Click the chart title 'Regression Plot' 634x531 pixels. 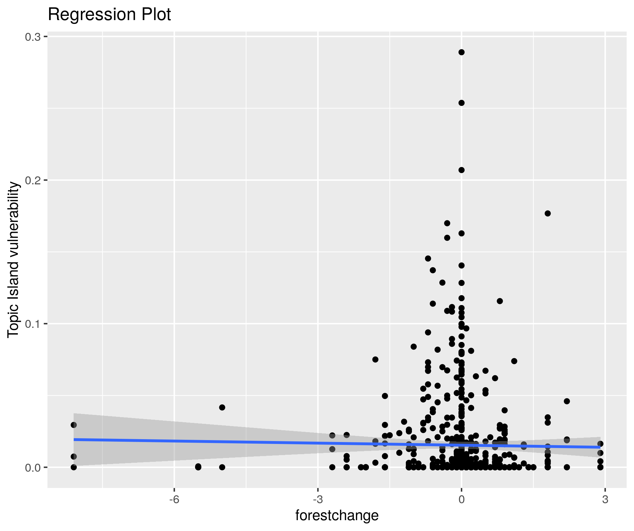click(109, 15)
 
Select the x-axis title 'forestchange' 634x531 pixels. click(337, 515)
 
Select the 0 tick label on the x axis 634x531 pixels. click(461, 499)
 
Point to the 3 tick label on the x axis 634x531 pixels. click(605, 499)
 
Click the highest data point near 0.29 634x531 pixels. click(461, 52)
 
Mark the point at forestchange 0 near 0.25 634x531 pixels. click(461, 103)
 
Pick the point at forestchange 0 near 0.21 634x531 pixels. click(461, 170)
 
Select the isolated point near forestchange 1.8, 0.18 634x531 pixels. click(548, 213)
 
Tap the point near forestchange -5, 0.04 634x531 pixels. click(222, 407)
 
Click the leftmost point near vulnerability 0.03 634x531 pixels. click(74, 425)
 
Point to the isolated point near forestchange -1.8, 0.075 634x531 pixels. click(375, 359)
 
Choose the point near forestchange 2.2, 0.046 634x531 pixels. click(567, 401)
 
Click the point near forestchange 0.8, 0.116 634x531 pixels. click(500, 301)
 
